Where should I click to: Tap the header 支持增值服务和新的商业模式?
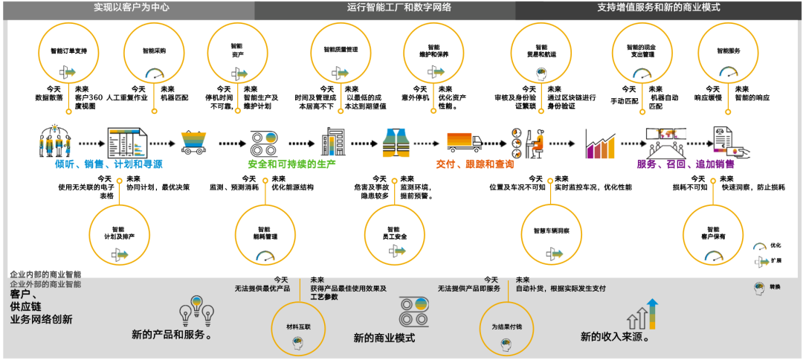(658, 8)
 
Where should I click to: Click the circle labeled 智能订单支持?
(68, 55)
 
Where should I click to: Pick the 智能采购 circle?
(155, 55)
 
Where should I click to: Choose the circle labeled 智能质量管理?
(341, 55)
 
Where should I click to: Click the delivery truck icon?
(465, 143)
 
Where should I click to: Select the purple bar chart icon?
(599, 143)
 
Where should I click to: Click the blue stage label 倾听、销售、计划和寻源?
(109, 164)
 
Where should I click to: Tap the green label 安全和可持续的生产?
(291, 164)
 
